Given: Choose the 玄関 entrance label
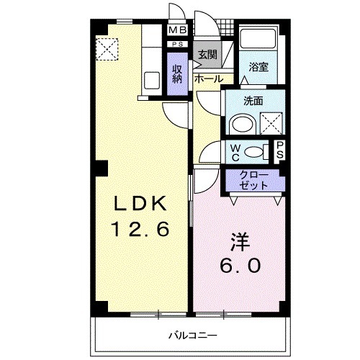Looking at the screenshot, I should pyautogui.click(x=207, y=54).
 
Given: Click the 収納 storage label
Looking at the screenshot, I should pyautogui.click(x=176, y=74).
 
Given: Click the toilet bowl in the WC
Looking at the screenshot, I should pyautogui.click(x=253, y=151).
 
